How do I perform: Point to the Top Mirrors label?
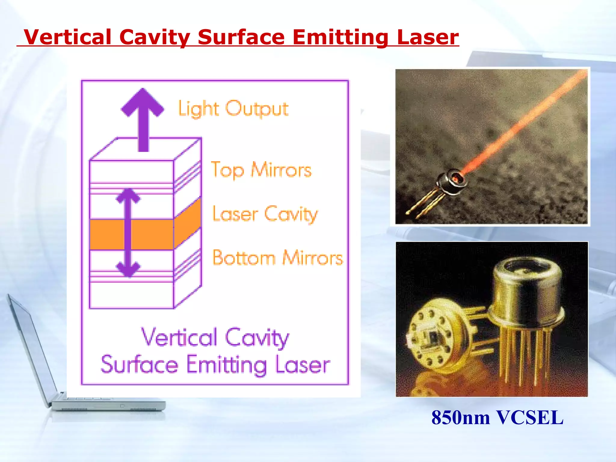(x=261, y=170)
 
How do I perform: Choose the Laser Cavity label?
(x=265, y=214)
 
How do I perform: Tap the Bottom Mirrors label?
(x=277, y=258)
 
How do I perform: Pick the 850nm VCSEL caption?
(x=497, y=417)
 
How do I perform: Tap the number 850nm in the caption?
(x=460, y=417)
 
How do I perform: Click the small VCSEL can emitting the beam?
(x=451, y=182)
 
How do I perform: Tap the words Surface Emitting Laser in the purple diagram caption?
(x=215, y=365)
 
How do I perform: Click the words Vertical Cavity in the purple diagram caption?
(x=215, y=337)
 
